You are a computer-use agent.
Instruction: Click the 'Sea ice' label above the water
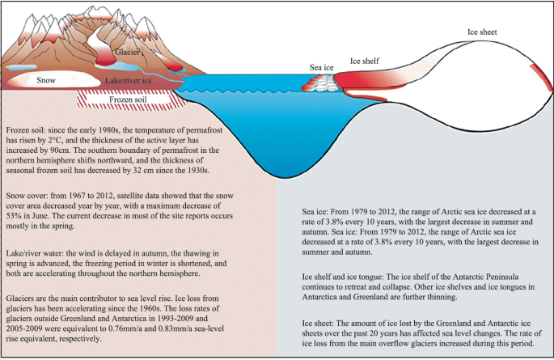[323, 67]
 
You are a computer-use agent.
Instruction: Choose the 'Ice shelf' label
[364, 61]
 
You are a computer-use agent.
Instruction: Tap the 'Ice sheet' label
[482, 32]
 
